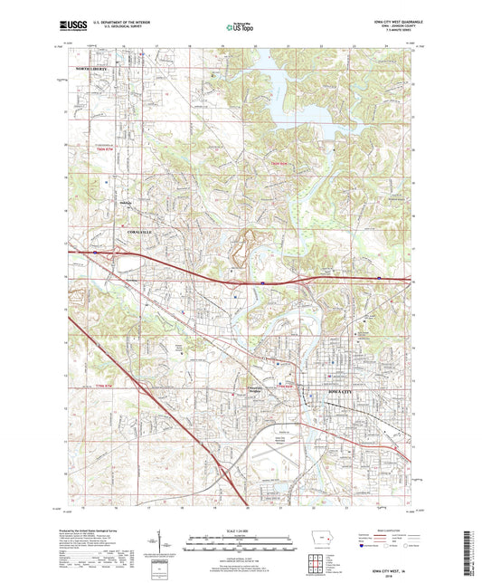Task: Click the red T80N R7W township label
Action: coord(113,149)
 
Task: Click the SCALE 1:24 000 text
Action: coord(241,530)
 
